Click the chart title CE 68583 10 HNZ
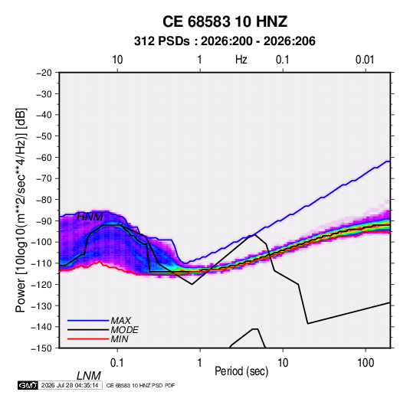coord(225,21)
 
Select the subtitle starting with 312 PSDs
coord(225,41)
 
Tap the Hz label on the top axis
coord(241,60)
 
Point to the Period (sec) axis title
coord(241,371)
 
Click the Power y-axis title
coord(21,210)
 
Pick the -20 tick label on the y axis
coord(44,73)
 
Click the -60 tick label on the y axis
coord(44,157)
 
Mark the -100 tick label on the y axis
coord(41,242)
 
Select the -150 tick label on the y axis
coord(41,348)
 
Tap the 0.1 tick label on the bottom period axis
coord(117,363)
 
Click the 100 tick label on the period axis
coord(366,363)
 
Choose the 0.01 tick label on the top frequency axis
coord(365,60)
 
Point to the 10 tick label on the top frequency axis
coord(117,60)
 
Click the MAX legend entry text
coord(120,321)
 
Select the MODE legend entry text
coord(124,330)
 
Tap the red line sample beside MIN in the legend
coord(88,339)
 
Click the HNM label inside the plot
coord(90,217)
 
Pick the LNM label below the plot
coord(89,376)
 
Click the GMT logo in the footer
coord(28,385)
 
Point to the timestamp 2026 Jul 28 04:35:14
coord(70,385)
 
